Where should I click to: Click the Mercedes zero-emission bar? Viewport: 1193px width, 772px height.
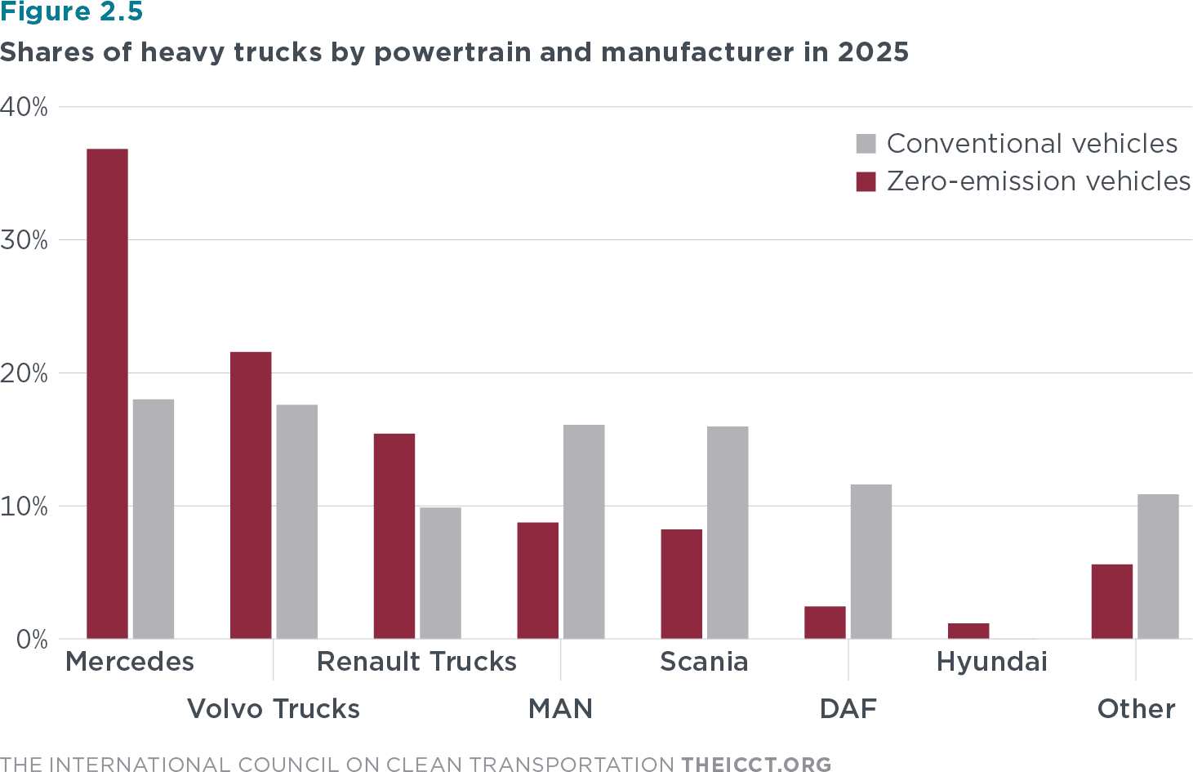click(x=107, y=393)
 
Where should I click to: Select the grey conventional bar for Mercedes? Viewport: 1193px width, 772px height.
click(x=154, y=519)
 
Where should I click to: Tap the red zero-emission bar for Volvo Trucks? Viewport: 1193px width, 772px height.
click(x=251, y=495)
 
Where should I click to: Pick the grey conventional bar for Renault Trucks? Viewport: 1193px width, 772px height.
click(x=440, y=573)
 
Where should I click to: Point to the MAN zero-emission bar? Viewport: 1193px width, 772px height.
click(x=538, y=580)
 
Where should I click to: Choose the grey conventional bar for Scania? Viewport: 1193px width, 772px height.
click(x=728, y=532)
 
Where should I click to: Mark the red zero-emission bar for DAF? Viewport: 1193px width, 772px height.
click(x=825, y=622)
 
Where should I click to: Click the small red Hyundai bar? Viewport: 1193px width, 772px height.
click(x=968, y=631)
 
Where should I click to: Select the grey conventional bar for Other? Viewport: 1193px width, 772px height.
click(x=1158, y=566)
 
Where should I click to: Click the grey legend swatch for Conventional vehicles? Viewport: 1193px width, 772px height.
click(x=866, y=144)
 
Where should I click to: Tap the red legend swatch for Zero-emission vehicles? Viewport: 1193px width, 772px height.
click(x=866, y=181)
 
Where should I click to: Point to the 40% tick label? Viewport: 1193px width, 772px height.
click(x=24, y=107)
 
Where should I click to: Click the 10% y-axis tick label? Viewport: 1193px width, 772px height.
click(x=24, y=506)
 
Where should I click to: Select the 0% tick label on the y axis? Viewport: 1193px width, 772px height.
click(x=32, y=640)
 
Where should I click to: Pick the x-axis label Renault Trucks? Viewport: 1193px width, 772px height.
click(x=416, y=661)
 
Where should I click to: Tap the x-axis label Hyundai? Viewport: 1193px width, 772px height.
click(x=991, y=661)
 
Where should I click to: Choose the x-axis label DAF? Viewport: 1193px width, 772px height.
click(x=848, y=708)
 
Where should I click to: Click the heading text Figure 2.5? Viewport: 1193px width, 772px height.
click(x=71, y=12)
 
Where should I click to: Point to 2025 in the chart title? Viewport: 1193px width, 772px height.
click(x=873, y=52)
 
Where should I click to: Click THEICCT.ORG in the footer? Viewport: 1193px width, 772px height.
click(x=756, y=764)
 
